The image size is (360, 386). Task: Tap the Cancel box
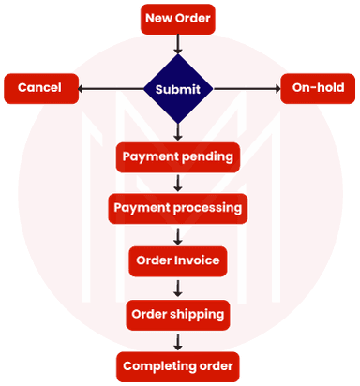39,88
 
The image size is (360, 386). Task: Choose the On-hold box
317,88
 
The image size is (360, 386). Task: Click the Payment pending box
177,156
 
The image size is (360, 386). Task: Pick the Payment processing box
177,207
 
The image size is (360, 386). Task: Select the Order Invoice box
177,260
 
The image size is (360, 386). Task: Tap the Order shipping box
177,314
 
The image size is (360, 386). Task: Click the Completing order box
177,365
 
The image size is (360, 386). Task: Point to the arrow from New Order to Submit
177,42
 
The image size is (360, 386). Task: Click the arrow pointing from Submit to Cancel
108,89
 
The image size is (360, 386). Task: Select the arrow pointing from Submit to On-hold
247,89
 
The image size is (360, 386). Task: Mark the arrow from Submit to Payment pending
177,132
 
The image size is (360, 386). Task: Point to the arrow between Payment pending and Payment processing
177,182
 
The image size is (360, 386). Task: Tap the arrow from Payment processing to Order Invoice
177,234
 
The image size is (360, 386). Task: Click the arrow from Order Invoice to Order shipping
177,288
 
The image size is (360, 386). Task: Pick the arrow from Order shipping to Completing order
177,340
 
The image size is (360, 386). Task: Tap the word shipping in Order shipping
198,314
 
